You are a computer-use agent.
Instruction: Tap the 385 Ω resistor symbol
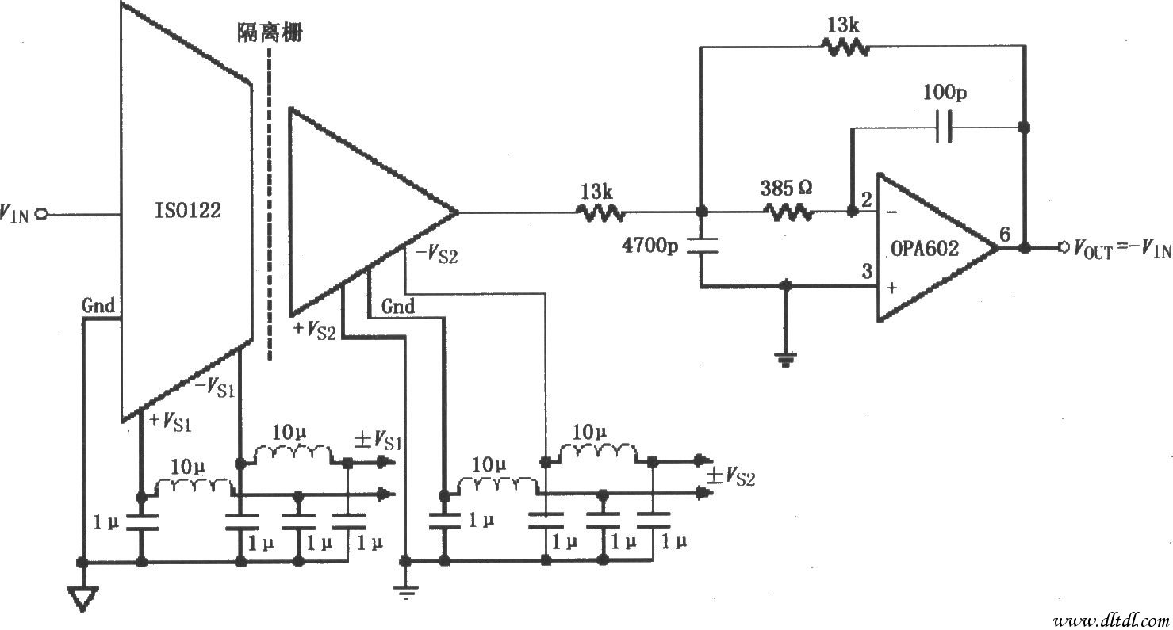[x=788, y=212]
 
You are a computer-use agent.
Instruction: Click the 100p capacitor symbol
[x=944, y=127]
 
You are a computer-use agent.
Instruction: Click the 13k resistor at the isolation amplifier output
[x=600, y=212]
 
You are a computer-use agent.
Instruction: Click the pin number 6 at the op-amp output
[x=1005, y=234]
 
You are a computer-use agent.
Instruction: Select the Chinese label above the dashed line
[x=270, y=33]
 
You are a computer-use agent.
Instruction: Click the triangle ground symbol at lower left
[x=82, y=596]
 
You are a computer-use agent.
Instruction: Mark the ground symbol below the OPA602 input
[x=785, y=361]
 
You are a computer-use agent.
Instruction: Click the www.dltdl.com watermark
[x=1110, y=618]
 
